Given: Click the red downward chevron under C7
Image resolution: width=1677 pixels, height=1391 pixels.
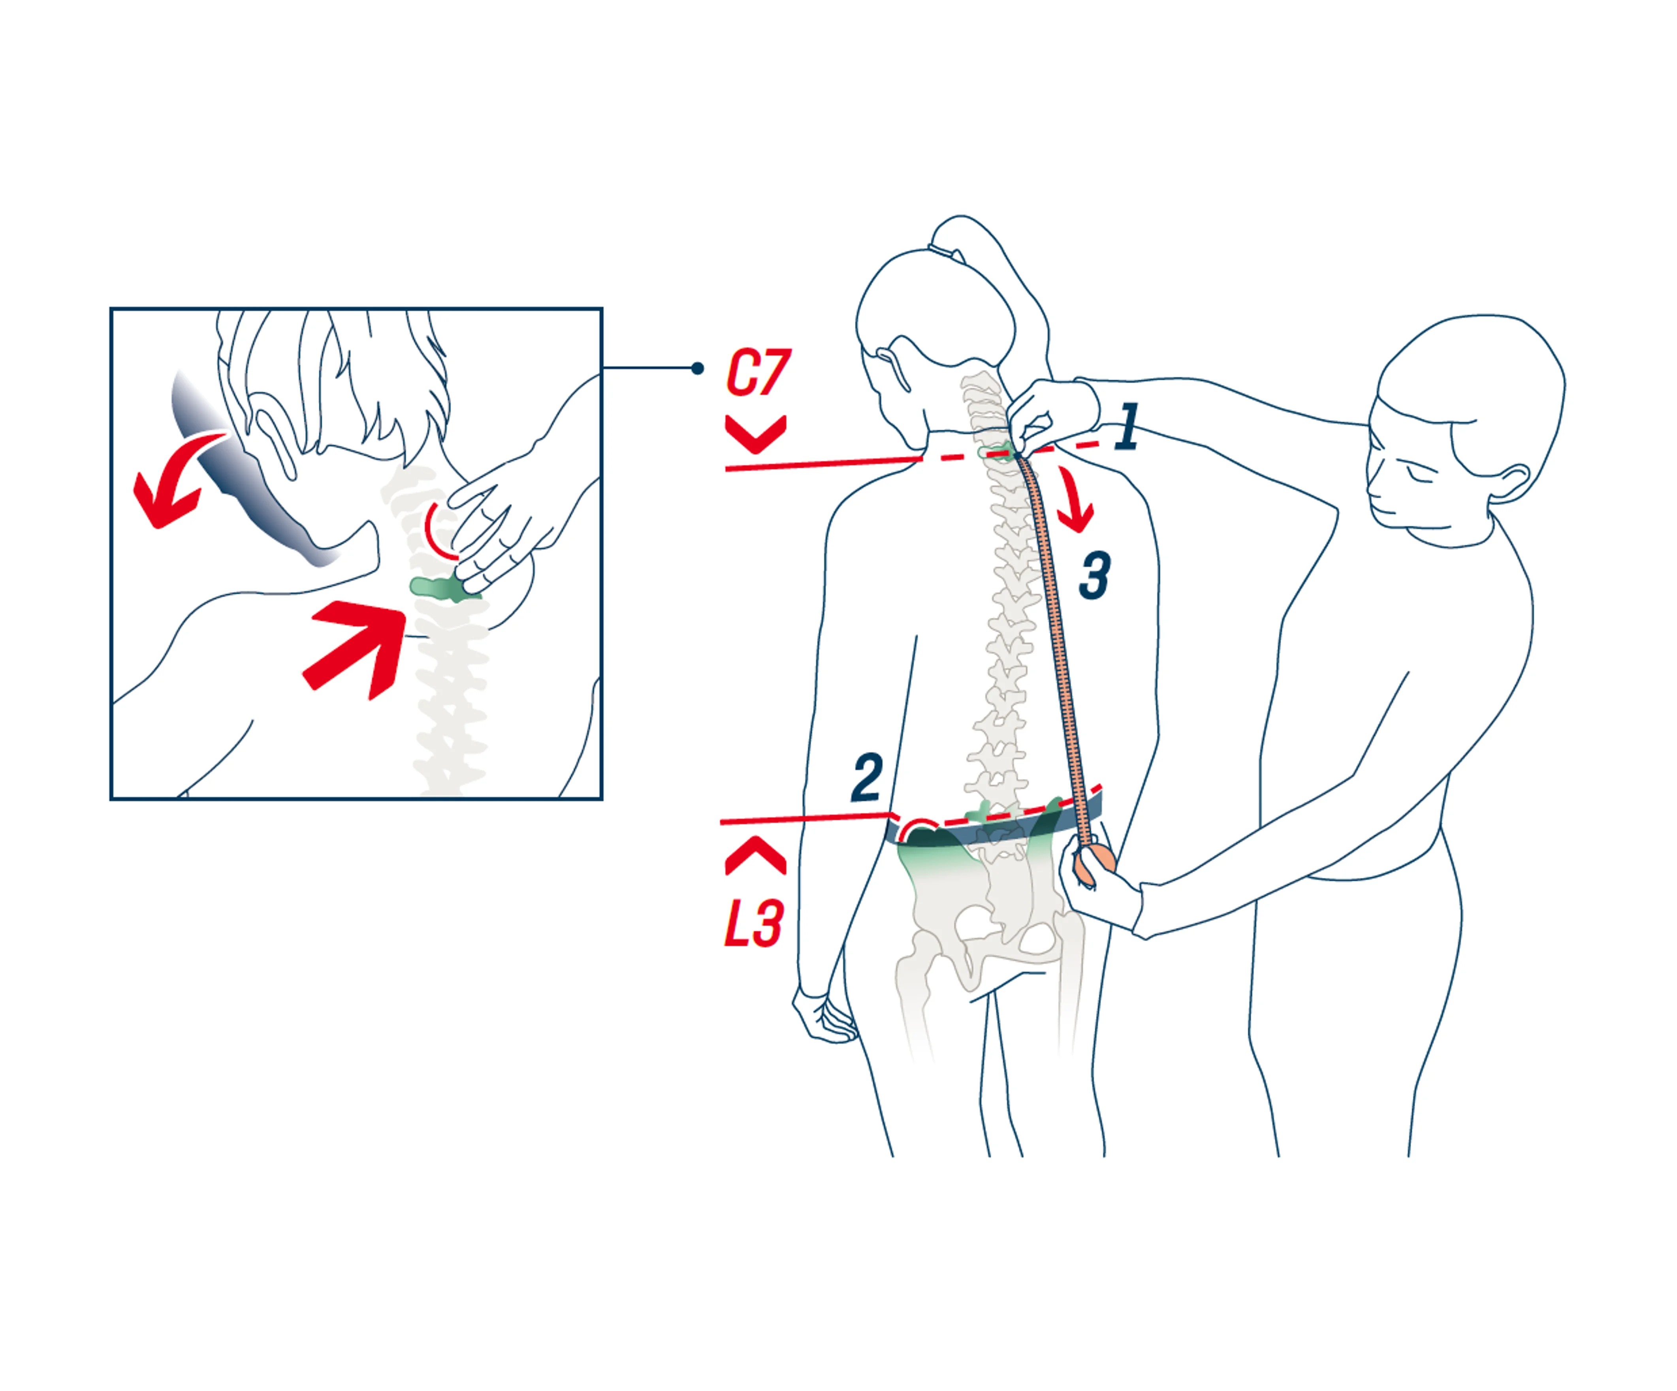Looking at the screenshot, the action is [x=755, y=434].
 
